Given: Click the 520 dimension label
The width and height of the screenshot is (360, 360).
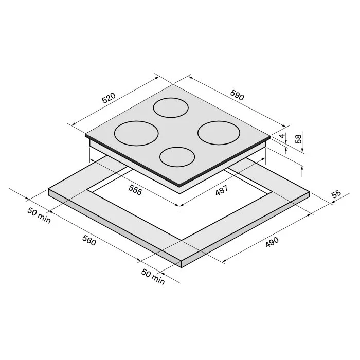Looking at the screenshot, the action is (109, 98).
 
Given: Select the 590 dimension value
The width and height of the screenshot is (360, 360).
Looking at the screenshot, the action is (237, 95).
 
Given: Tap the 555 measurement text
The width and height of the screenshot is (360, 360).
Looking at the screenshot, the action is (135, 190).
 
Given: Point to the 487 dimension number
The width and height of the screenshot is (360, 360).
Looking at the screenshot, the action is (222, 190).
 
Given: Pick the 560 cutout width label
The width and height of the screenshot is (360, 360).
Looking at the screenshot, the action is (89, 240).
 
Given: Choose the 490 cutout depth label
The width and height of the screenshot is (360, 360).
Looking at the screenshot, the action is (272, 242).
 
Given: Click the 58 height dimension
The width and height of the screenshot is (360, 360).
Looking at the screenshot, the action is (298, 139).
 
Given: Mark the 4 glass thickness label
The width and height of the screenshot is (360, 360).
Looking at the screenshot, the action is (282, 135).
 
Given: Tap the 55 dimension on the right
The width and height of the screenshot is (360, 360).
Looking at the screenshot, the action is (336, 194).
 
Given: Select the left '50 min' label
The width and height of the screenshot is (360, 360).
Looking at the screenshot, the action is (39, 215).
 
